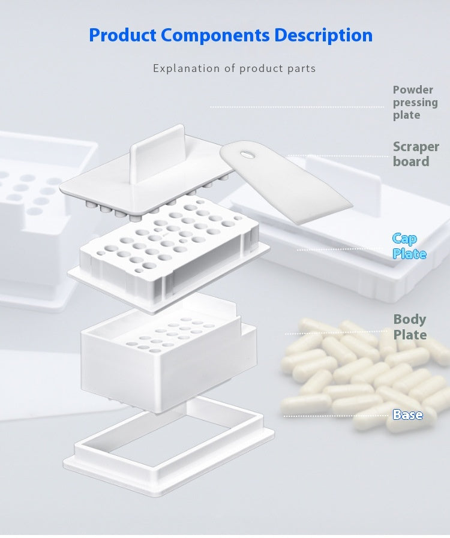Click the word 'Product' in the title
tap(124, 35)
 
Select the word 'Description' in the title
tap(323, 35)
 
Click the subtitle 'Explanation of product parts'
tap(234, 68)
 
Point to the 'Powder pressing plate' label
tap(415, 102)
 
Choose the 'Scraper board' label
tap(416, 154)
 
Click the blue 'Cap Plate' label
tap(409, 247)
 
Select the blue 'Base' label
tap(407, 414)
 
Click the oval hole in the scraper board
tap(247, 155)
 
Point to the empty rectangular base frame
tap(168, 438)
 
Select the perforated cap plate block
tap(168, 252)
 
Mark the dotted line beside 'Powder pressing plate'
tap(297, 107)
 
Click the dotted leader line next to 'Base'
tap(336, 415)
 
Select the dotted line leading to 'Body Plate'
tap(336, 332)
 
